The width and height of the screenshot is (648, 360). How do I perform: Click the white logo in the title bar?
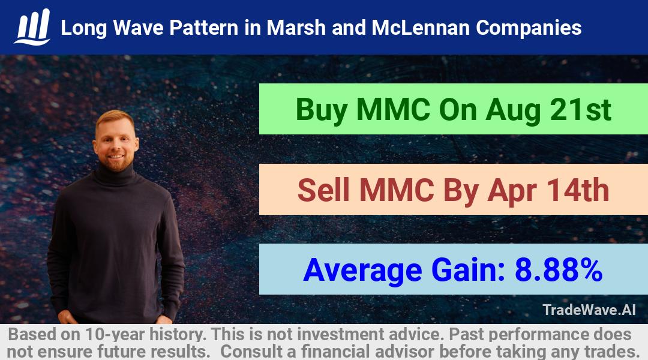coord(32,27)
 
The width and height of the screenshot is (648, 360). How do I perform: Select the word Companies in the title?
coord(529,29)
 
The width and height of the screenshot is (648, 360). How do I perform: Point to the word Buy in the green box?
coord(321,110)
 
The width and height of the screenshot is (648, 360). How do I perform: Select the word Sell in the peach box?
coord(323,190)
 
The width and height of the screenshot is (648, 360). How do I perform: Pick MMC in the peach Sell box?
coord(397,190)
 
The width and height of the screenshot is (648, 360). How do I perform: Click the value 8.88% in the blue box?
coord(559,269)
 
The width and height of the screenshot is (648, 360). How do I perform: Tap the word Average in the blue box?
coord(362,271)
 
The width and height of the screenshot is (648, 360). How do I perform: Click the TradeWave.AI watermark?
coord(589,310)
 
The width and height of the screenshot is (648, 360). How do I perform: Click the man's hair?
coord(115,119)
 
